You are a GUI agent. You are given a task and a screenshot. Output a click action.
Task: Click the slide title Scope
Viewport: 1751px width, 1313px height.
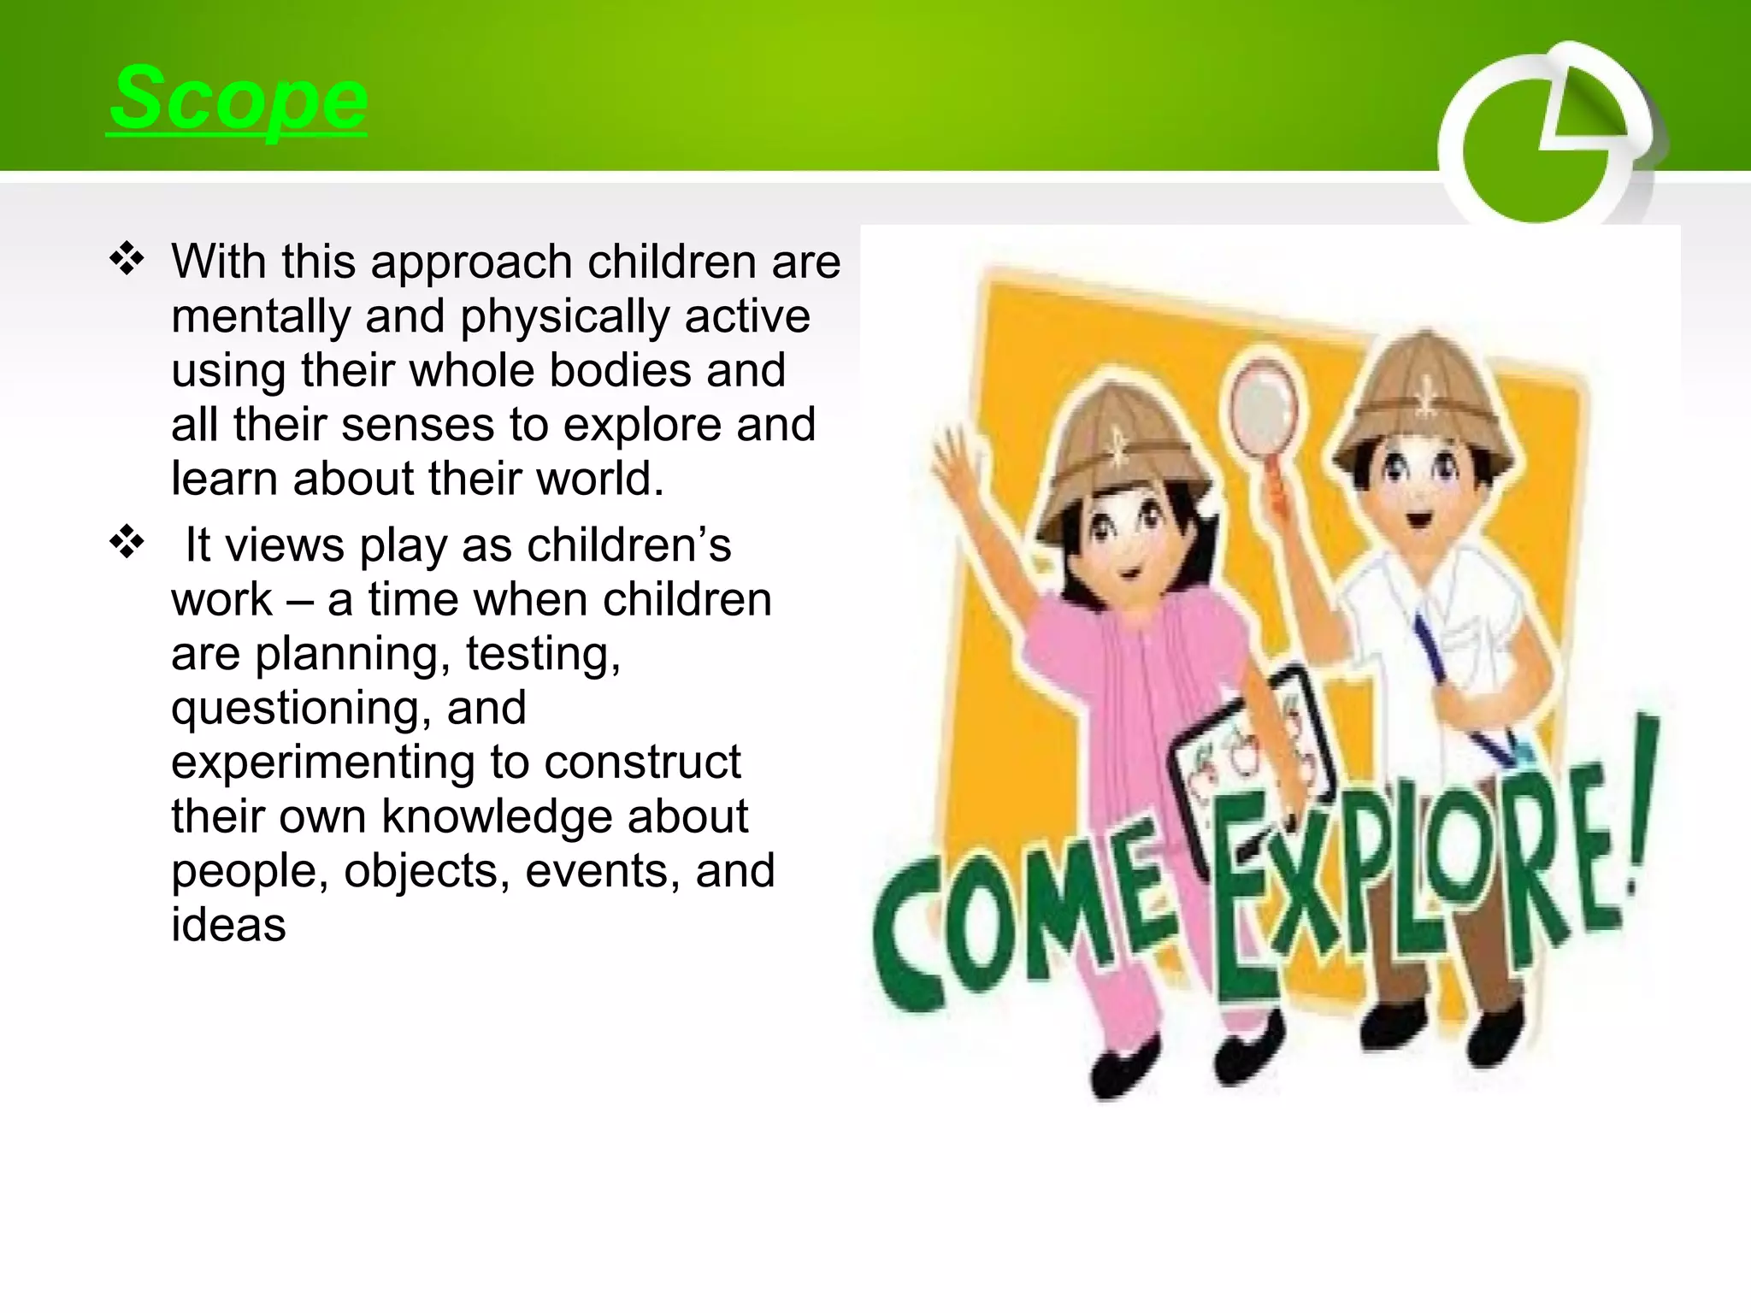click(239, 99)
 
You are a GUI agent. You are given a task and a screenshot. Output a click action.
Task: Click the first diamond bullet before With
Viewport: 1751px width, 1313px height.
click(127, 259)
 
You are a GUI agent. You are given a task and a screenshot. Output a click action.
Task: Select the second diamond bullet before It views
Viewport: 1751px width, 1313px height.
click(127, 542)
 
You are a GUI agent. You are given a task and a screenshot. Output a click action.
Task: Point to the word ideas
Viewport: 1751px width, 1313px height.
click(228, 926)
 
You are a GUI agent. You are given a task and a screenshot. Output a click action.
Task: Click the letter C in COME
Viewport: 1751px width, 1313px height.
click(909, 940)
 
